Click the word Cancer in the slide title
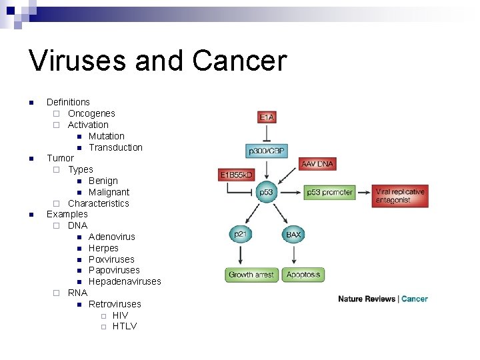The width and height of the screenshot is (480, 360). click(x=239, y=61)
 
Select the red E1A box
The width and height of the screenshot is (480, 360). click(x=266, y=117)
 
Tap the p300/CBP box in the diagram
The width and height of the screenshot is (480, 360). click(x=266, y=151)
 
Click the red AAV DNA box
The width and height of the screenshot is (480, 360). click(x=317, y=163)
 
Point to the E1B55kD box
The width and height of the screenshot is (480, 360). click(x=237, y=175)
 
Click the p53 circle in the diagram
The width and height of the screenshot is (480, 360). click(x=266, y=192)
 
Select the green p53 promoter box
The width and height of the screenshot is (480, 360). click(x=329, y=192)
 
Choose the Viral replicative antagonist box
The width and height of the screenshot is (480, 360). click(x=399, y=195)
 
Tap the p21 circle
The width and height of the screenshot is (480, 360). click(x=239, y=235)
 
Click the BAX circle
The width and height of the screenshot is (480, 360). click(x=293, y=235)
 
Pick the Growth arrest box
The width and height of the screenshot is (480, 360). click(x=251, y=275)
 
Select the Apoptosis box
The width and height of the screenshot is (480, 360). click(x=303, y=275)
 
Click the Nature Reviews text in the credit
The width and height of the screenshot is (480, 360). click(x=367, y=299)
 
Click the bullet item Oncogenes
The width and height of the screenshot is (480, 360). click(x=91, y=113)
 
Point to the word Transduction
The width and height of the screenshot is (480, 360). click(x=115, y=147)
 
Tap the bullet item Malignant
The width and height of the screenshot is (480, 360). click(x=109, y=192)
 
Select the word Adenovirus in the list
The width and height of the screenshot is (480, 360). click(x=111, y=237)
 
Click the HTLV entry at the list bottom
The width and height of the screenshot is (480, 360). click(x=125, y=326)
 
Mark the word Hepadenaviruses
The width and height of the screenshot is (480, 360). click(x=125, y=281)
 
